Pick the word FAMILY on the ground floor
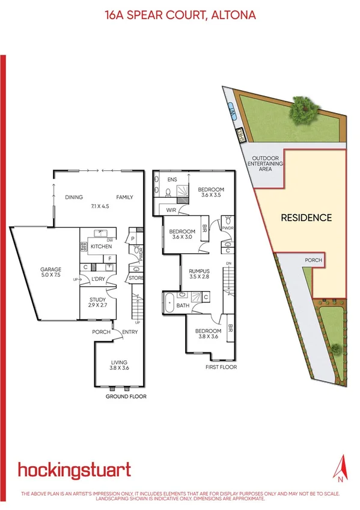click(124, 197)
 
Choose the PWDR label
click(227, 229)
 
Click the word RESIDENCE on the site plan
click(306, 218)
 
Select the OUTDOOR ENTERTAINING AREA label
click(261, 165)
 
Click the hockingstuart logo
click(74, 470)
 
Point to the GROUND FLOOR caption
click(126, 397)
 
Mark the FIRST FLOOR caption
click(222, 367)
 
